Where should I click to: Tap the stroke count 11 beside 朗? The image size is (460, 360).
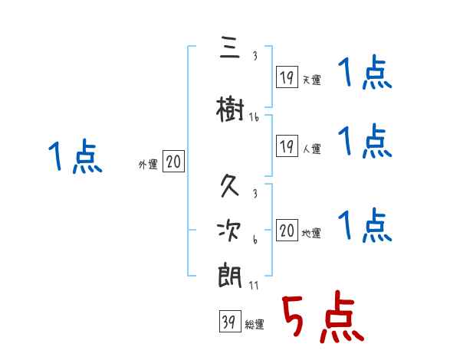(x=253, y=286)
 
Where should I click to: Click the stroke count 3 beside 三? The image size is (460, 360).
(x=255, y=57)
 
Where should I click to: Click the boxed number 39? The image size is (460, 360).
(x=228, y=322)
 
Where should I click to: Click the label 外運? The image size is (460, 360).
(x=147, y=164)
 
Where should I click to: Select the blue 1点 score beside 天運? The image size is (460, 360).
(x=364, y=74)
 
